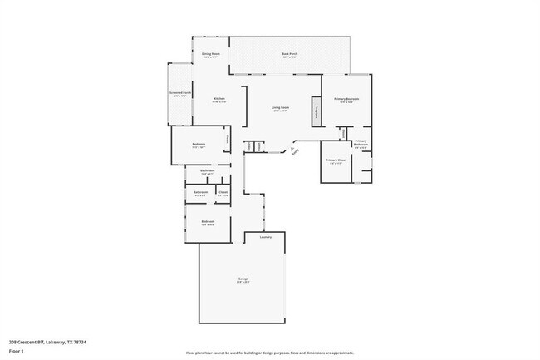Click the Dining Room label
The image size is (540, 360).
[x=211, y=54]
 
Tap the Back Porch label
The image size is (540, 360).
[x=289, y=54]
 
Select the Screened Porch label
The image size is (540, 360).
[x=180, y=93]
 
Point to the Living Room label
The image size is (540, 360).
[x=280, y=108]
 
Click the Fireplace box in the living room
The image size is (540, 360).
[x=316, y=111]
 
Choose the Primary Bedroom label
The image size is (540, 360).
[x=346, y=100]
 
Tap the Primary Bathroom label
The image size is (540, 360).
[x=361, y=143]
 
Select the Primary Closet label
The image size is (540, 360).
[x=336, y=160]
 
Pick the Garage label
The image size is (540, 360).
[x=243, y=279]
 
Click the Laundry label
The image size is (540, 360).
[x=265, y=237]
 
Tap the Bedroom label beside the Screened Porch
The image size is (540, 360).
[x=199, y=145]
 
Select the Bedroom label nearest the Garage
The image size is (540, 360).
[x=208, y=221]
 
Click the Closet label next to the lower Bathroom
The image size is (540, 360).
[x=223, y=193]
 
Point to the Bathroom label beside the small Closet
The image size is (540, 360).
[x=200, y=193]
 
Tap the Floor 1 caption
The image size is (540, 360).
[x=17, y=351]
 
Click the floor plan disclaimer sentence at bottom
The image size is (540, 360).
[x=270, y=353]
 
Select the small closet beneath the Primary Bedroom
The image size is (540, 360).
[x=342, y=131]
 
